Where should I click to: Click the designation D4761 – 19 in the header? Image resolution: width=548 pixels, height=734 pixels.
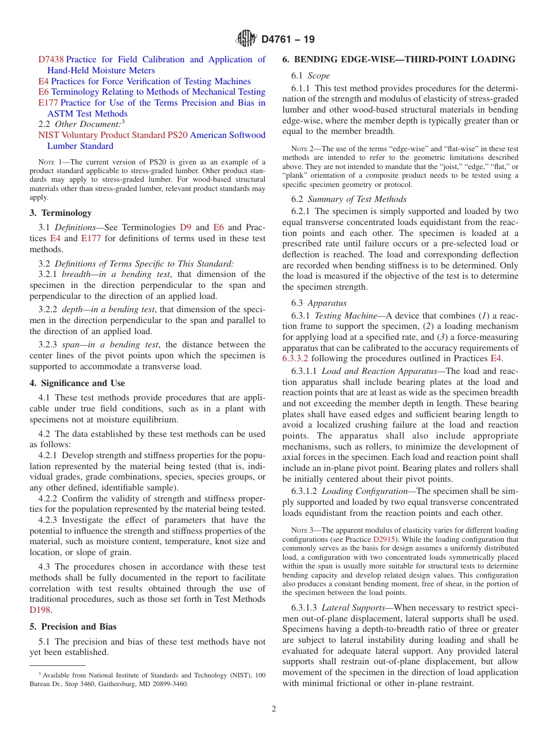[288, 40]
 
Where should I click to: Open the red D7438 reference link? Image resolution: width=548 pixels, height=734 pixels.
[51, 59]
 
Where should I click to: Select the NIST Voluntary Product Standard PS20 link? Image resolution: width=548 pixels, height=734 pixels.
[112, 135]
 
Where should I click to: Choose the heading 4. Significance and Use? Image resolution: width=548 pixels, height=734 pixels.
[77, 383]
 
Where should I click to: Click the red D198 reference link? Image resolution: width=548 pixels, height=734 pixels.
[39, 609]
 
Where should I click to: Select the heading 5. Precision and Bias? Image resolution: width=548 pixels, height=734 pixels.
[73, 627]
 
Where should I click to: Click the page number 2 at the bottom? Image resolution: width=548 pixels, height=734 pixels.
[274, 709]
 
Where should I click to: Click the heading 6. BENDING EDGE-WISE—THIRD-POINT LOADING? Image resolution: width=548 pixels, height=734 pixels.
[399, 59]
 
